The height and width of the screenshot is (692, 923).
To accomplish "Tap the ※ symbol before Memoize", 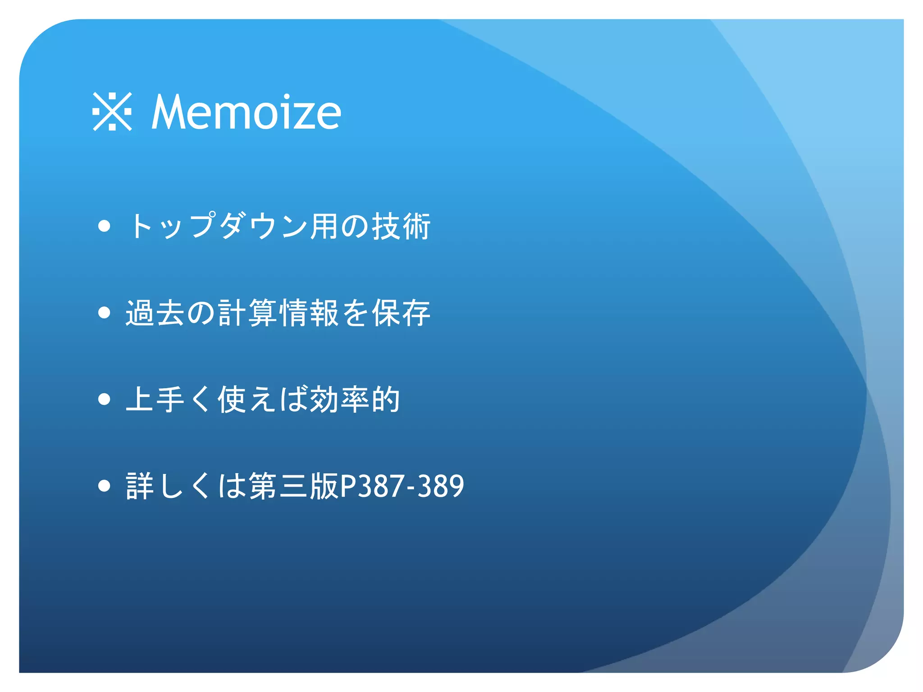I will [112, 112].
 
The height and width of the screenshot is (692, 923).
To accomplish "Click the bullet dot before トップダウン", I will [104, 226].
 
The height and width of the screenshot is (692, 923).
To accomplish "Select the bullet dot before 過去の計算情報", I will [104, 312].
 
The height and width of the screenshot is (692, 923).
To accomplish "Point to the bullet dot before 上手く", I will [104, 399].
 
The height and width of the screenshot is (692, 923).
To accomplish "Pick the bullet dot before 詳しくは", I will [104, 486].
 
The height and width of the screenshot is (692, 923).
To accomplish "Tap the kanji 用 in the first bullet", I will [324, 226].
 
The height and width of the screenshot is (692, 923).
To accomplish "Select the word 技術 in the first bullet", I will [401, 226].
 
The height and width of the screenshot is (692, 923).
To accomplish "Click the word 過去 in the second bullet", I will [155, 313].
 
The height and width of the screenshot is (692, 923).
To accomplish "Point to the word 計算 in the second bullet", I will [247, 313].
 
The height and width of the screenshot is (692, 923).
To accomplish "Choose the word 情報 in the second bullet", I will [309, 313].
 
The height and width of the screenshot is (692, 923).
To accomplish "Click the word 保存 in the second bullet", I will [401, 313].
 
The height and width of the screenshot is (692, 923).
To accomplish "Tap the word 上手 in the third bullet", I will [155, 399].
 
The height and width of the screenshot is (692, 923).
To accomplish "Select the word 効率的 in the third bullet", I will [355, 399].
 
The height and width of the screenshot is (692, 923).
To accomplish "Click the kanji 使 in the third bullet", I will [232, 399].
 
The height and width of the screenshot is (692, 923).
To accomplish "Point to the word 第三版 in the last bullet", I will [293, 486].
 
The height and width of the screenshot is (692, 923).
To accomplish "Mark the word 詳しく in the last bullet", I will [171, 486].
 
